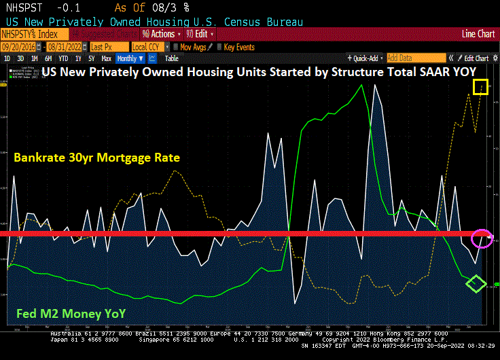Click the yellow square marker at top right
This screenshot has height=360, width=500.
click(x=480, y=86)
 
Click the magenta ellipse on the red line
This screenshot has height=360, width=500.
click(x=481, y=238)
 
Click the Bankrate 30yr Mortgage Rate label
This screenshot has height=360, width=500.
click(x=96, y=158)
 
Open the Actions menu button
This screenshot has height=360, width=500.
click(x=162, y=34)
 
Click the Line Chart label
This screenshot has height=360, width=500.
click(x=478, y=34)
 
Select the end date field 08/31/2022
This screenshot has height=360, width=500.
click(x=66, y=47)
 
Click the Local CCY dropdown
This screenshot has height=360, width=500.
click(x=147, y=47)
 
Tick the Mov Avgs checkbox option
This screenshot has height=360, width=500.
click(x=192, y=47)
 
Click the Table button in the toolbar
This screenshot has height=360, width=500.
click(x=171, y=58)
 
